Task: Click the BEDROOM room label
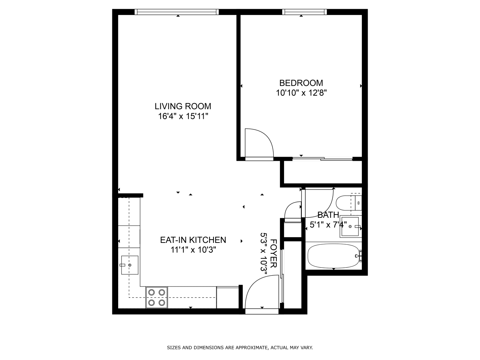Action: pyautogui.click(x=301, y=83)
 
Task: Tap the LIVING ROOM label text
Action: pyautogui.click(x=183, y=106)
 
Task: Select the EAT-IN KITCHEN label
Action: pyautogui.click(x=193, y=240)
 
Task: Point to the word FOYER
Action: pyautogui.click(x=273, y=253)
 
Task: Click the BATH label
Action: pyautogui.click(x=328, y=215)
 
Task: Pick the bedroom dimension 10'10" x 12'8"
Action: pyautogui.click(x=301, y=93)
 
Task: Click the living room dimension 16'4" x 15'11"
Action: pyautogui.click(x=183, y=116)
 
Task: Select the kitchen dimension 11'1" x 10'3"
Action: pyautogui.click(x=193, y=249)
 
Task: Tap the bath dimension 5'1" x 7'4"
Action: pyautogui.click(x=328, y=225)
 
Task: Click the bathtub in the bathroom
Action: pyautogui.click(x=333, y=256)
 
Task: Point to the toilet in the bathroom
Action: pyautogui.click(x=349, y=203)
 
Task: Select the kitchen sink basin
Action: pyautogui.click(x=130, y=265)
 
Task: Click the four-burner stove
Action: pyautogui.click(x=157, y=297)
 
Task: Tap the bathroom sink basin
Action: pyautogui.click(x=350, y=227)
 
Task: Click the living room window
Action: pyautogui.click(x=177, y=12)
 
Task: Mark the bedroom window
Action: pyautogui.click(x=304, y=12)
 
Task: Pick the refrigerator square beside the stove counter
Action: pyautogui.click(x=227, y=297)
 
